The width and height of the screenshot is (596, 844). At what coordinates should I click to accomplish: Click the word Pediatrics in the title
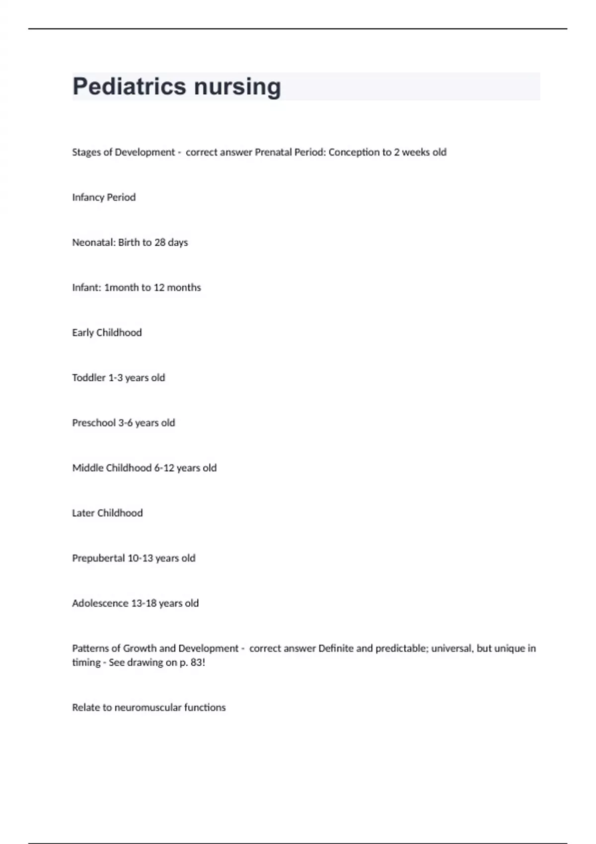tap(130, 87)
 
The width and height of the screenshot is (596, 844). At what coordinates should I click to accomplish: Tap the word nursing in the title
tap(237, 87)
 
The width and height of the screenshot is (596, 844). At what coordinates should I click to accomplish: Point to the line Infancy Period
tap(104, 198)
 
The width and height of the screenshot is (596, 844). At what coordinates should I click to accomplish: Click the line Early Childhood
tap(107, 333)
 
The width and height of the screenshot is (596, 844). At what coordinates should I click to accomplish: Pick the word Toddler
tap(89, 378)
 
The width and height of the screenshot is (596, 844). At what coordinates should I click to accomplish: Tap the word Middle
tap(87, 468)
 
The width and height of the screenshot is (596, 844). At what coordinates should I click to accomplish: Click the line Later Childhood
tap(107, 513)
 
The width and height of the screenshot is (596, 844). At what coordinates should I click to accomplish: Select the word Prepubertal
tap(98, 559)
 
